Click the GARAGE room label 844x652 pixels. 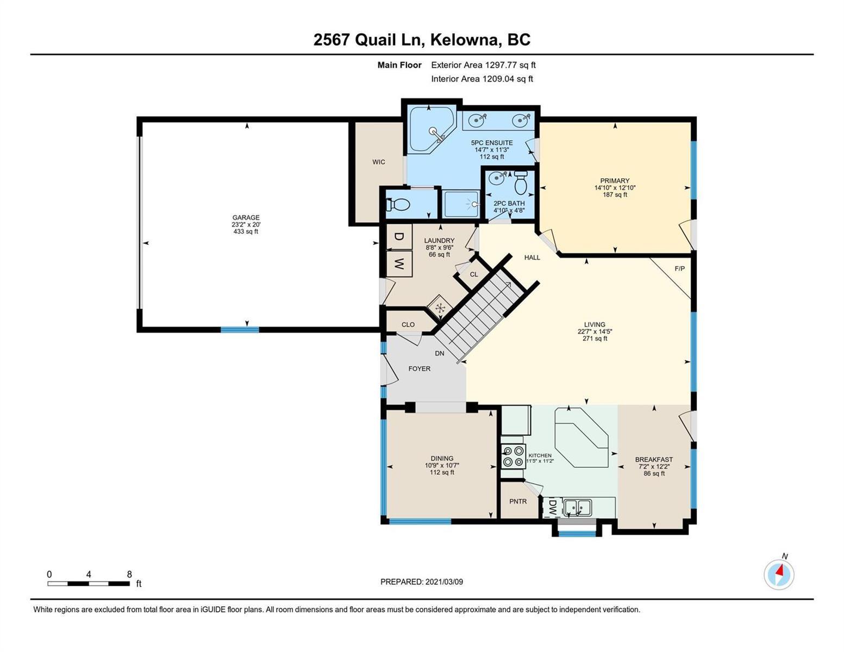(246, 217)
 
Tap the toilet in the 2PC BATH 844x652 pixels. (521, 183)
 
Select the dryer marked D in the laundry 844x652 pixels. (399, 236)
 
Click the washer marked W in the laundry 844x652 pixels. (399, 264)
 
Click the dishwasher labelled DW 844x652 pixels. (552, 507)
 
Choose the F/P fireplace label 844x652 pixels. (679, 268)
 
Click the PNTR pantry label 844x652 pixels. (518, 501)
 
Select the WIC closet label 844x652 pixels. (378, 162)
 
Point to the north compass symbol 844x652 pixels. (779, 574)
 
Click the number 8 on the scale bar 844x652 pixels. (129, 574)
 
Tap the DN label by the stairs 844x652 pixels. (439, 353)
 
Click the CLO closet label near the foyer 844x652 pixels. (408, 324)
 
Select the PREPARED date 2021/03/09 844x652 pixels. (444, 582)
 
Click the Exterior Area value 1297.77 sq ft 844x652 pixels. (510, 65)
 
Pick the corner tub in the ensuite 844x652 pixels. (431, 130)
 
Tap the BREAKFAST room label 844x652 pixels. (654, 460)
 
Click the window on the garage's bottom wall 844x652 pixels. (240, 330)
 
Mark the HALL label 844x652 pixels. (532, 258)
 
